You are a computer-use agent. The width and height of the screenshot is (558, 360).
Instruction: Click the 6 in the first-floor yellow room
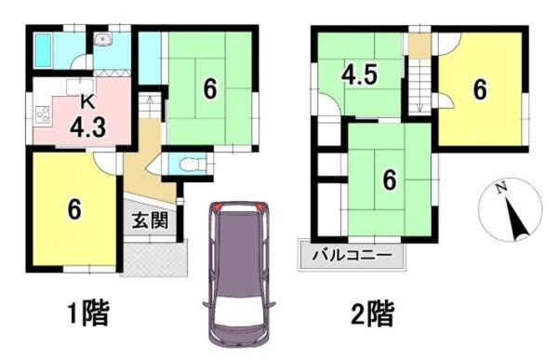pyautogui.click(x=73, y=208)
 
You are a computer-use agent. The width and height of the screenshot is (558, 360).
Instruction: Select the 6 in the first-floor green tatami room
pyautogui.click(x=210, y=89)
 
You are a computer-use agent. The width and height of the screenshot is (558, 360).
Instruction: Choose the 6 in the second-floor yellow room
pyautogui.click(x=479, y=89)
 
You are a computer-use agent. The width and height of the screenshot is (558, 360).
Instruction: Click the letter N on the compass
pyautogui.click(x=501, y=190)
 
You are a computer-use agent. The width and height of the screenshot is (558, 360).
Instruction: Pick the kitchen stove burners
pyautogui.click(x=43, y=117)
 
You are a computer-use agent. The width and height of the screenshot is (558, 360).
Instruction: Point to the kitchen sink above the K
pyautogui.click(x=80, y=86)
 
